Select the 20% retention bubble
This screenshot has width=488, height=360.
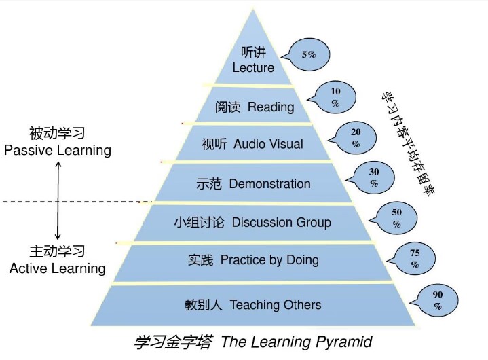356,139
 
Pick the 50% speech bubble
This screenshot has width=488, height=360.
397,217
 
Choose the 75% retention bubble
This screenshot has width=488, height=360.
415,259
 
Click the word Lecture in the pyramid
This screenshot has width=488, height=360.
253,67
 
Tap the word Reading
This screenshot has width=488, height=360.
271,107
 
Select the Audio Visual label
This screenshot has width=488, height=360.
268,144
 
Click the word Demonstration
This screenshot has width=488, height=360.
269,183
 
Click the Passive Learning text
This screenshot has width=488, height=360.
57,150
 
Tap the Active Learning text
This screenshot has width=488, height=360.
57,268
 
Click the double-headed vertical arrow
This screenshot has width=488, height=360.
58,201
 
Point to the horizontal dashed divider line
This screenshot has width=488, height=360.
75,202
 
